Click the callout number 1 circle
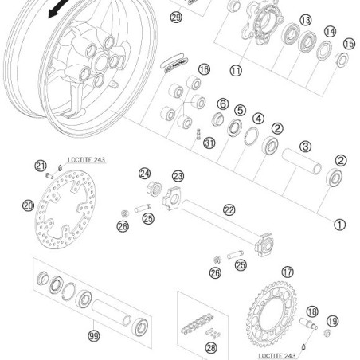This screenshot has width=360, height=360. point(339,224)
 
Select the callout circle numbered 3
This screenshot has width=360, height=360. point(305,146)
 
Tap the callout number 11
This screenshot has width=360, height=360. point(236,70)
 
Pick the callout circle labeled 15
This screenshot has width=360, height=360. point(348,44)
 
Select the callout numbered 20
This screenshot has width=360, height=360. point(28,205)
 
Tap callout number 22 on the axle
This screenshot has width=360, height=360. point(229,210)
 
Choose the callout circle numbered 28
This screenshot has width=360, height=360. point(210,347)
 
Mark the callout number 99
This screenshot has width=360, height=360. point(95,337)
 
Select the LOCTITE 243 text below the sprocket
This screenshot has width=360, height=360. point(293,354)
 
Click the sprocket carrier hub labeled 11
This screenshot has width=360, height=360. point(260,33)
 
